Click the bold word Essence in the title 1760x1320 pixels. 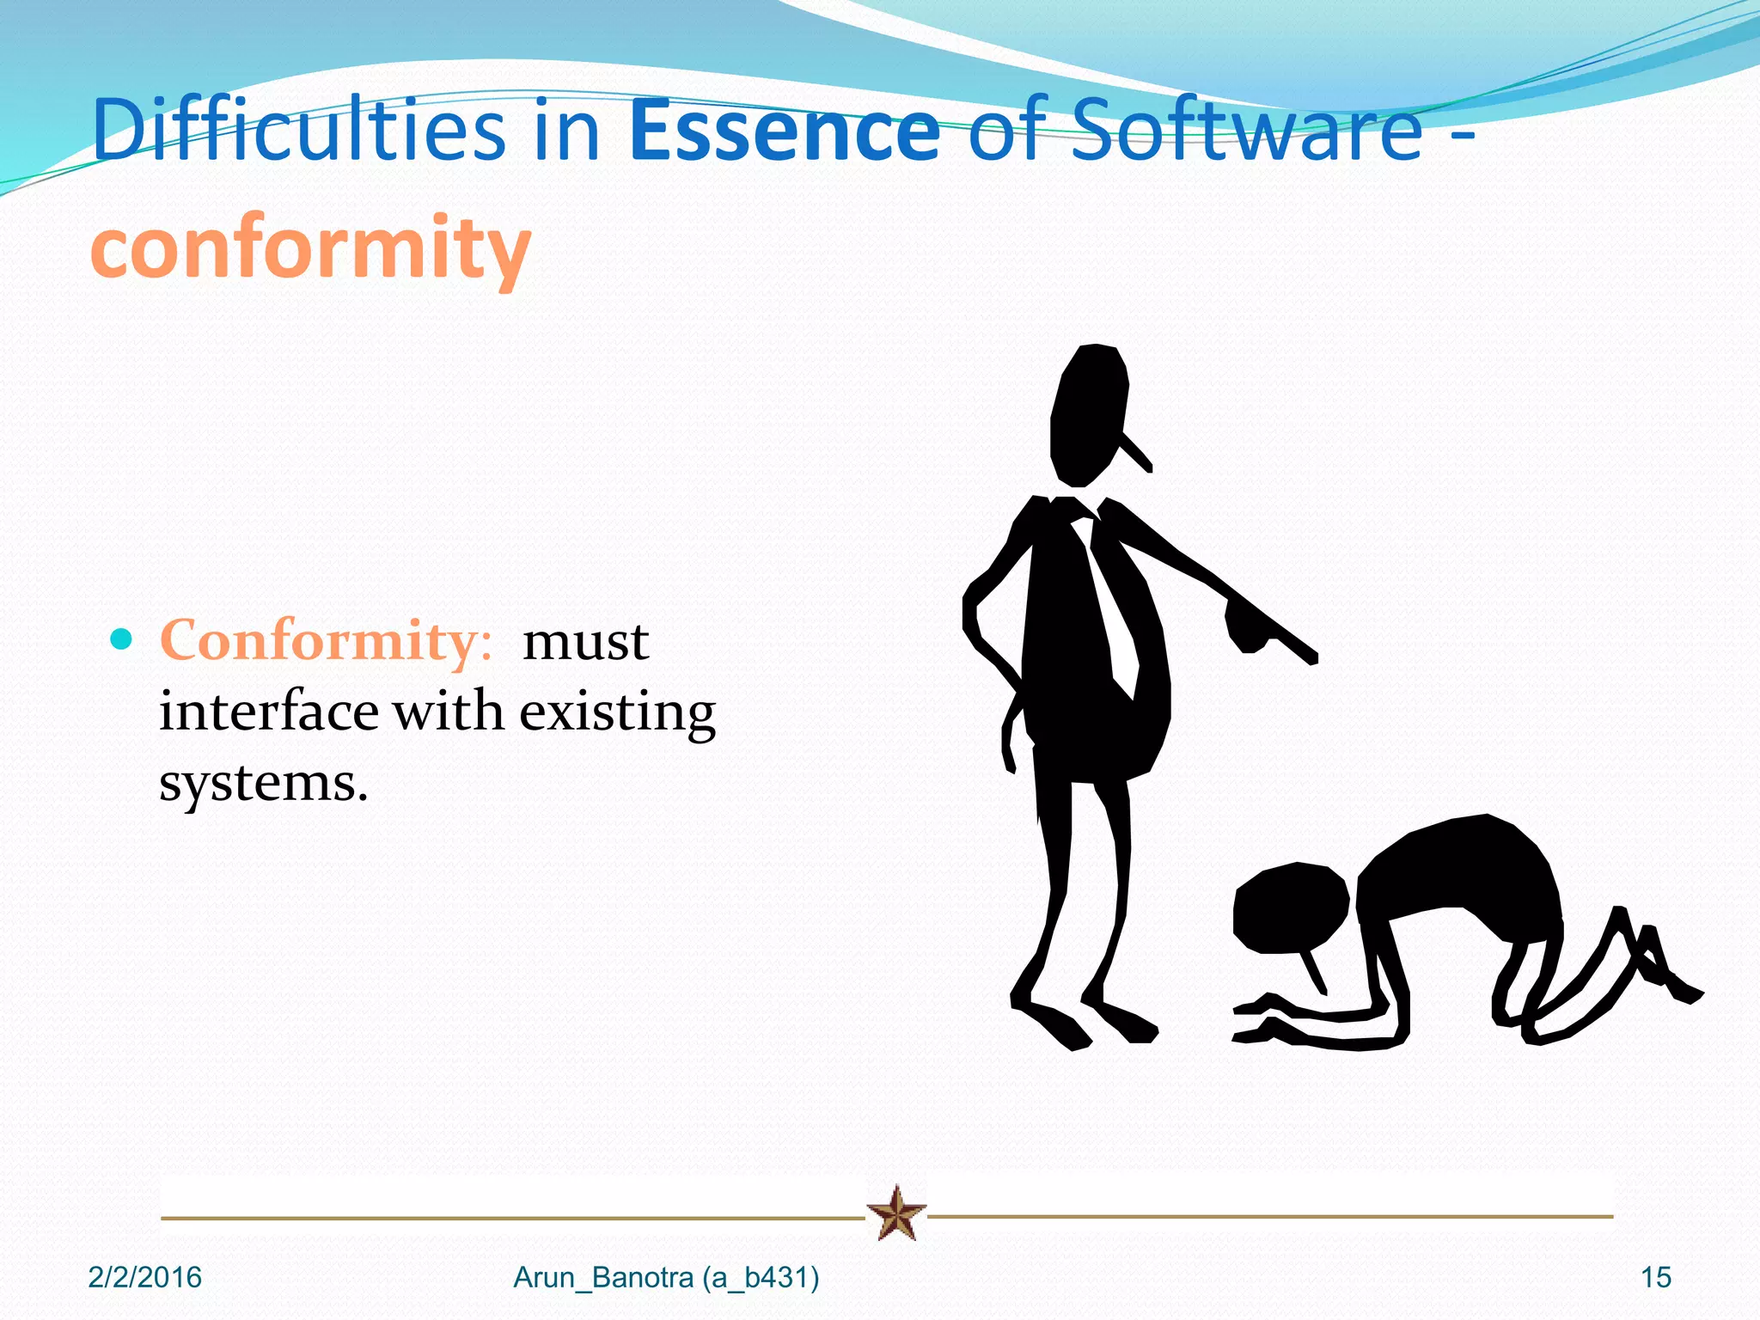(x=785, y=131)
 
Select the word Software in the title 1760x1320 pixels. (x=1248, y=131)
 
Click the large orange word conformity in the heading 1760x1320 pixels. (x=311, y=247)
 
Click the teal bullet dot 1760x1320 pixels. (x=122, y=639)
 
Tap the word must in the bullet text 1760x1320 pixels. (x=585, y=642)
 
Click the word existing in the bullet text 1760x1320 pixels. (x=617, y=713)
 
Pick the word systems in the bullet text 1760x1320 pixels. (x=263, y=784)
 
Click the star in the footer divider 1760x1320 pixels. (x=896, y=1213)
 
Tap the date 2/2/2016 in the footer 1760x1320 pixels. (x=144, y=1278)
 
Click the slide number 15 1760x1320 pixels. (x=1655, y=1278)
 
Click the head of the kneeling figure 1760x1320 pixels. (x=1290, y=907)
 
